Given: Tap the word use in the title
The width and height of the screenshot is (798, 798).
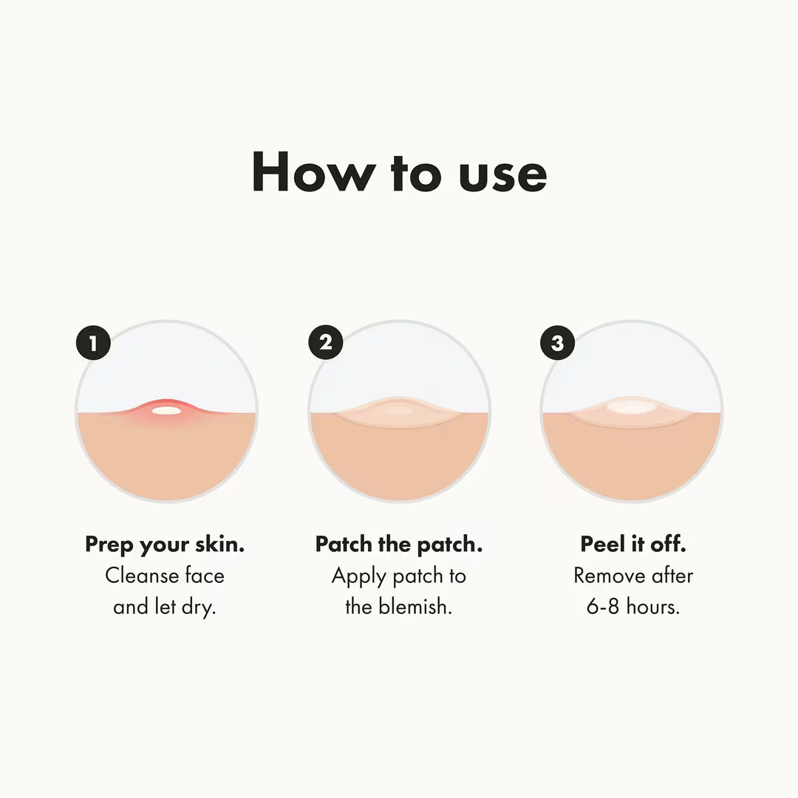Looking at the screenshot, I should pos(502,174).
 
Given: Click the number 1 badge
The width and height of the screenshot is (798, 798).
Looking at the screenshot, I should pos(93,344).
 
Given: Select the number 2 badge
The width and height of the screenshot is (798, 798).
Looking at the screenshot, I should pos(326,343).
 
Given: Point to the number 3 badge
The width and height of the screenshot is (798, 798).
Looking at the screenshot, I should pos(557,344).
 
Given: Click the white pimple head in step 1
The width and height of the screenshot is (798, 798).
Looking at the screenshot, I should pos(167,410).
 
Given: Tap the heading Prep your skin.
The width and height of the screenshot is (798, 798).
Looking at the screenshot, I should pos(165,545).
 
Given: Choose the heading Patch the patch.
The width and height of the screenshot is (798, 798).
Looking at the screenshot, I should pos(399,545).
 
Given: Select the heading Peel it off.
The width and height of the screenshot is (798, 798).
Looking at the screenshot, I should pos(633,545).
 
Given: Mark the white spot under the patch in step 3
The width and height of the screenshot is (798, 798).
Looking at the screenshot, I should pos(629,406).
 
